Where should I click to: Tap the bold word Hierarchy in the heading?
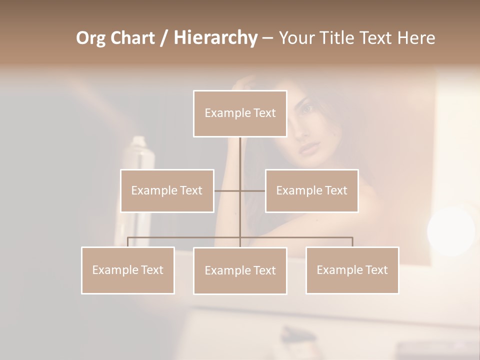215,38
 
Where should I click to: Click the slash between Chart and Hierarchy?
164,38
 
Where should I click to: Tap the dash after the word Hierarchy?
267,39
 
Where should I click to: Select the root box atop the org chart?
240,113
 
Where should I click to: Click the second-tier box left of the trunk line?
167,190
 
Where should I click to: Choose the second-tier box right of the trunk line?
311,190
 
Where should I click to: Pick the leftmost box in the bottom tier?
127,270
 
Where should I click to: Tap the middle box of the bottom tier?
240,270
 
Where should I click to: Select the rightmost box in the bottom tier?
352,270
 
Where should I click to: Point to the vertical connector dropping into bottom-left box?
127,242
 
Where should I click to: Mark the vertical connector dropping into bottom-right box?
352,242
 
